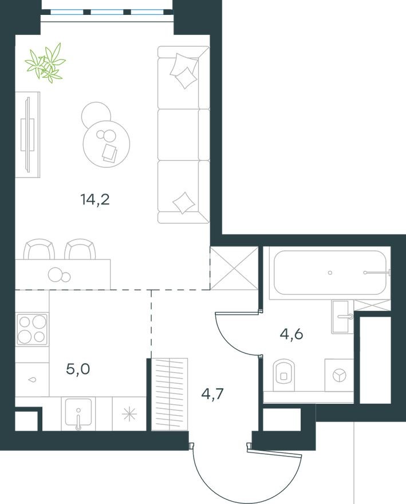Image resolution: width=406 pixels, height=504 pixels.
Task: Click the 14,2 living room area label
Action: [x=94, y=200]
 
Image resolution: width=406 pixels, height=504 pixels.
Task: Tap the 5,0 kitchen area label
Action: [x=78, y=368]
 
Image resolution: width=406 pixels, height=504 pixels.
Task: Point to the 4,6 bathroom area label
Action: [x=291, y=334]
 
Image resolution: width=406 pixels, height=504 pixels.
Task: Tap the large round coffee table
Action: [x=107, y=142]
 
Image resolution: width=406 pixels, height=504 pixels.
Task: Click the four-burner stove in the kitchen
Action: [x=31, y=329]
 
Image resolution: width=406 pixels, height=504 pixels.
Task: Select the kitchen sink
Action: [x=79, y=414]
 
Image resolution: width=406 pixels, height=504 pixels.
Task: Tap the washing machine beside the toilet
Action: [x=340, y=375]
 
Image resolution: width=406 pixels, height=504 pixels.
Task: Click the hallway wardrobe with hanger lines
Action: [x=170, y=393]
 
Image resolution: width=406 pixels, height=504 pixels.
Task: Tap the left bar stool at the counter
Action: [x=39, y=250]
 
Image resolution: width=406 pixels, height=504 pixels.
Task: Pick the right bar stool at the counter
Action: [x=79, y=250]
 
